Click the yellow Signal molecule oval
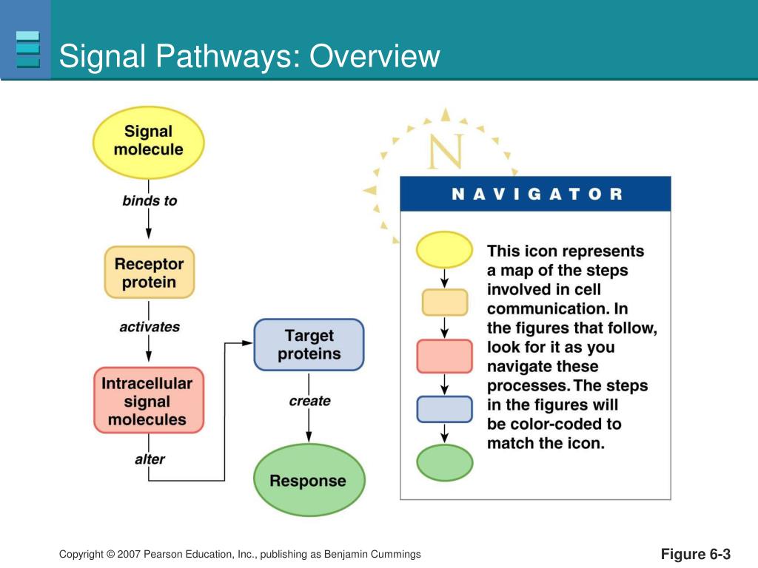point(148,141)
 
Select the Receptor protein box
point(149,272)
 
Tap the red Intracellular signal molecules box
point(148,401)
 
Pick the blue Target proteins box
point(309,345)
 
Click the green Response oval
point(309,480)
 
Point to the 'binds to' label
point(150,200)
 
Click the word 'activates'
point(150,326)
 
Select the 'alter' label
point(150,459)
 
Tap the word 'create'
point(309,401)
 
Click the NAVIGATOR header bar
point(535,194)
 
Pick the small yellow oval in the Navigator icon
point(444,249)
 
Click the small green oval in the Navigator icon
point(444,462)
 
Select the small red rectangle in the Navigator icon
point(444,356)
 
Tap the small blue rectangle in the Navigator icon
point(444,409)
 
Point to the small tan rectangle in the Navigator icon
point(444,302)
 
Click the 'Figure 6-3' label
point(696,554)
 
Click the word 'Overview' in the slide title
point(375,56)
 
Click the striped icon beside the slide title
point(27,49)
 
